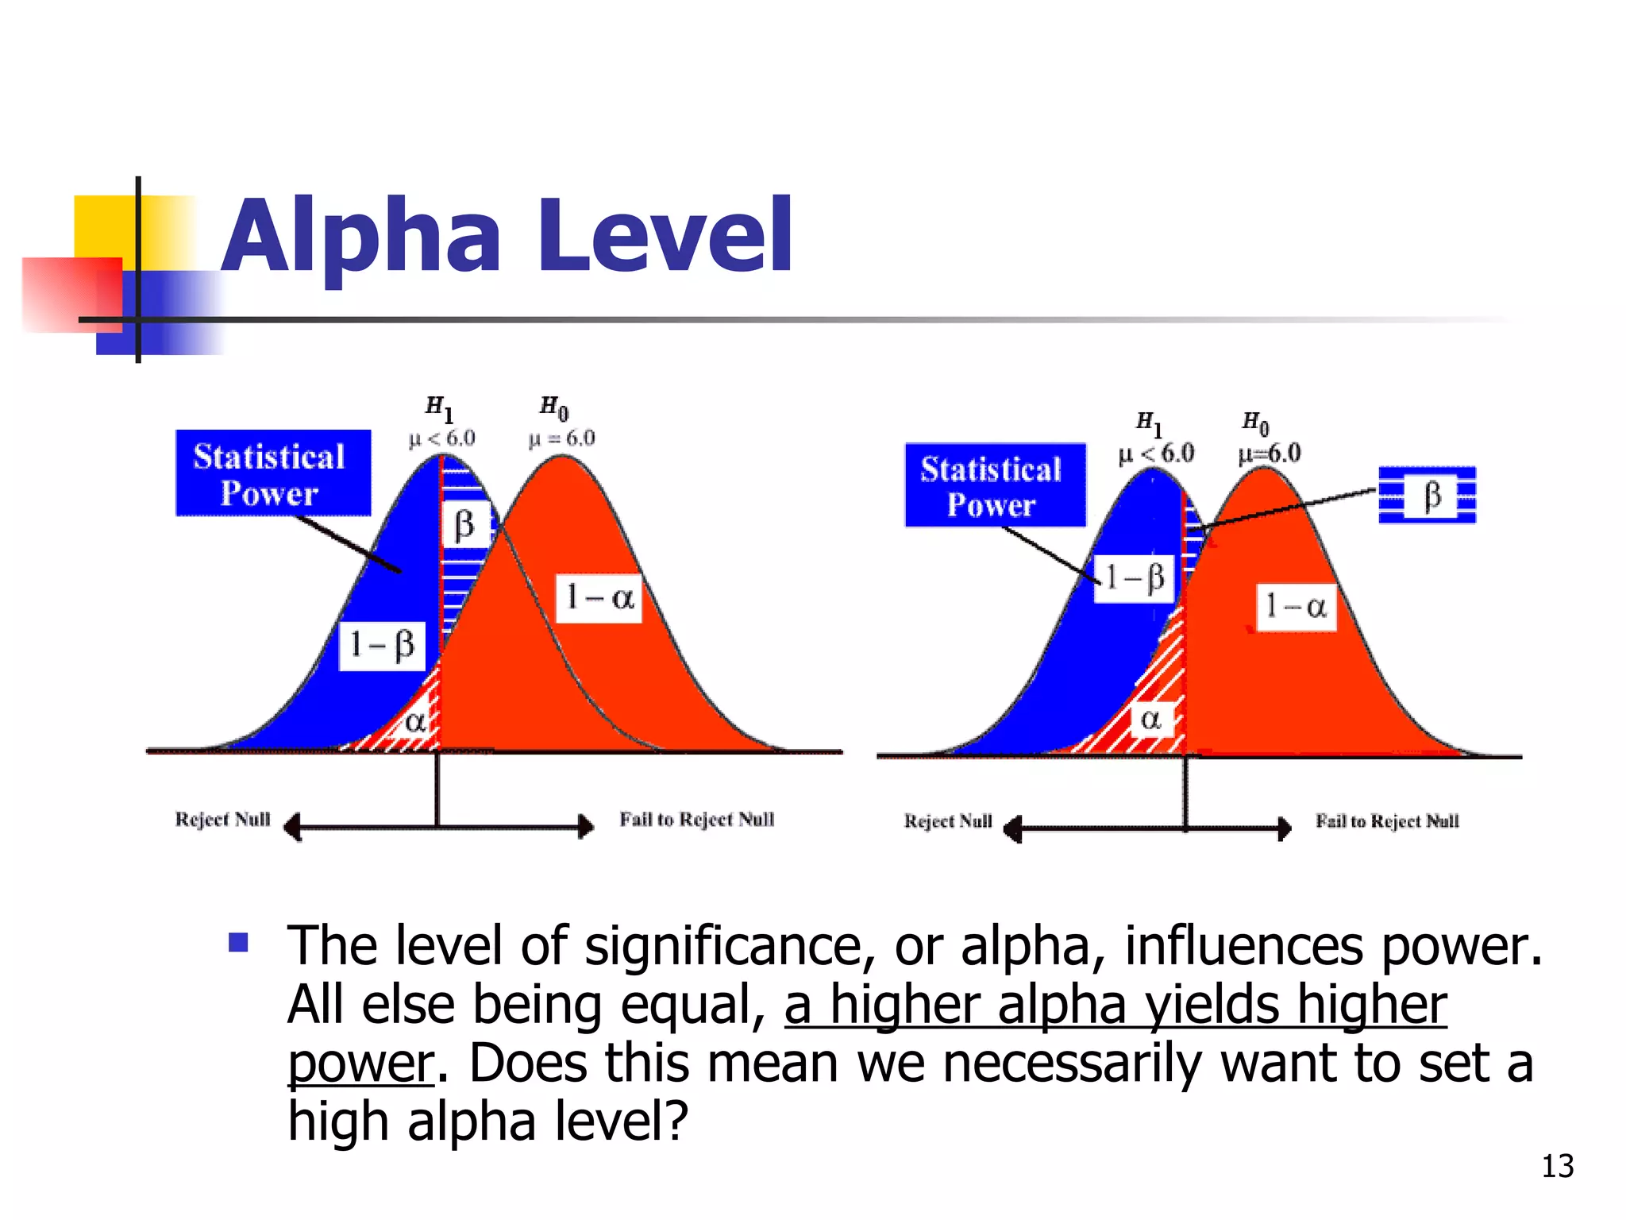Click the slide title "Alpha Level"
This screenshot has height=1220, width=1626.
click(507, 237)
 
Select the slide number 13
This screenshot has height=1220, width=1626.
click(1557, 1166)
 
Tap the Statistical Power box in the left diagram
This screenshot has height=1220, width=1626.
click(272, 473)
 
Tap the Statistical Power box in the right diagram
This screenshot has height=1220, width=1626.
click(994, 485)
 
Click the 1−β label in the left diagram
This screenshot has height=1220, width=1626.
click(382, 645)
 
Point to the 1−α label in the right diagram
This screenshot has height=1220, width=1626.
click(1296, 607)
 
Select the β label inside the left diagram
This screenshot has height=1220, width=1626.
click(464, 524)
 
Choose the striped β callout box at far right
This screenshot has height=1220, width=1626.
click(1428, 495)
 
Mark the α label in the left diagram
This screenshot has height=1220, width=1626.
click(415, 721)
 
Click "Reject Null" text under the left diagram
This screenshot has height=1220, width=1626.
click(222, 819)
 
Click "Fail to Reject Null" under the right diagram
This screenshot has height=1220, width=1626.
click(1387, 820)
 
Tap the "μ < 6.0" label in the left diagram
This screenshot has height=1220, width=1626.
click(441, 438)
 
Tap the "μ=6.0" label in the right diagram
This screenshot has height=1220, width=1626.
click(1270, 454)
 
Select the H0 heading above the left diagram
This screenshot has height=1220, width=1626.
click(554, 408)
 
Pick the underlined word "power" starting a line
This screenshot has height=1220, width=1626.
click(360, 1064)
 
